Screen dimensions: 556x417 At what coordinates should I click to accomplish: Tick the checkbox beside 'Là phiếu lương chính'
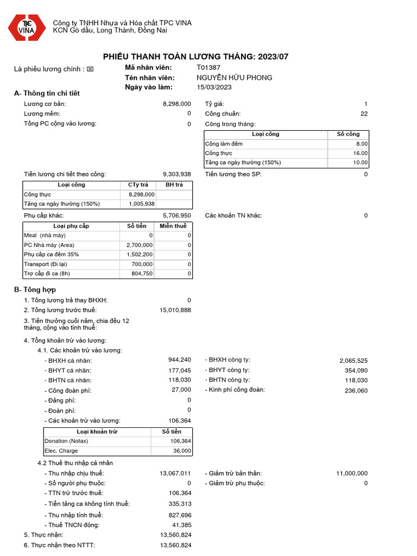pyautogui.click(x=90, y=69)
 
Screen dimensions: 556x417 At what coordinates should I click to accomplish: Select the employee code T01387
pyautogui.click(x=208, y=67)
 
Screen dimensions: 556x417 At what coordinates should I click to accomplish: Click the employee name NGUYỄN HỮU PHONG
pyautogui.click(x=234, y=78)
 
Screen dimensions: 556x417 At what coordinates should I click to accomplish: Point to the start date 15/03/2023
pyautogui.click(x=214, y=87)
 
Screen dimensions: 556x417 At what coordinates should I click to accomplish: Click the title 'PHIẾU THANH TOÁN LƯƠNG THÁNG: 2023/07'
pyautogui.click(x=196, y=56)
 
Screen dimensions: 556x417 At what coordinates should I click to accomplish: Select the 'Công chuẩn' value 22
pyautogui.click(x=364, y=113)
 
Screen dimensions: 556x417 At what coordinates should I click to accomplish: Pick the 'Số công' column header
pyautogui.click(x=348, y=134)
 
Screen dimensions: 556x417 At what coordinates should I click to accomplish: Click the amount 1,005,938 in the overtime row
pyautogui.click(x=141, y=204)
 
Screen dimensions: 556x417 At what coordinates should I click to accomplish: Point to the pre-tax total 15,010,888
pyautogui.click(x=175, y=310)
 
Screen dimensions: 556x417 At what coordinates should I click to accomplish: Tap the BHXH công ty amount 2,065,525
pyautogui.click(x=353, y=361)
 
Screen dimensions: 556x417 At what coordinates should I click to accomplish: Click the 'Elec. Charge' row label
pyautogui.click(x=61, y=451)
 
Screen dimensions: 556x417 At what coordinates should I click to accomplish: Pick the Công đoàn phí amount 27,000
pyautogui.click(x=181, y=389)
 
